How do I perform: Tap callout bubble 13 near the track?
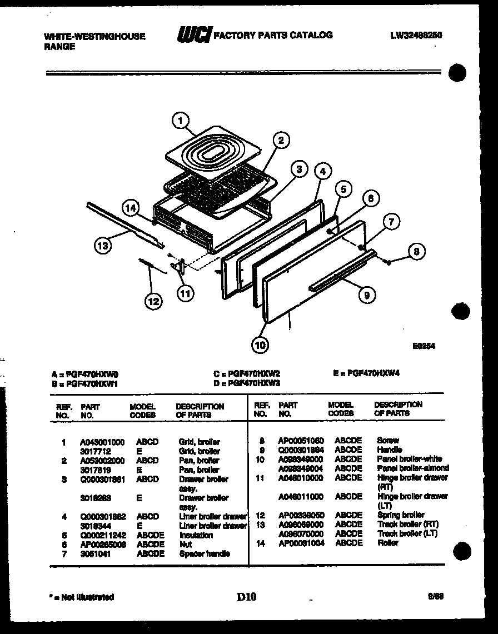(x=103, y=245)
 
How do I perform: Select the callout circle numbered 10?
(x=259, y=345)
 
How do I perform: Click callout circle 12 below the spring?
(x=153, y=301)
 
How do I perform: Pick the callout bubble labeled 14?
(x=131, y=209)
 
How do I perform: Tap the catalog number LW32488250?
(x=416, y=35)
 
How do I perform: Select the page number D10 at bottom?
(x=247, y=597)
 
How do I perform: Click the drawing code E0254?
(x=423, y=345)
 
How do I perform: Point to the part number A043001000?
(x=102, y=442)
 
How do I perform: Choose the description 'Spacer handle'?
(x=205, y=554)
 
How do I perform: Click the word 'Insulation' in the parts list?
(x=196, y=535)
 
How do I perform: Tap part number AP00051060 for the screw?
(x=301, y=440)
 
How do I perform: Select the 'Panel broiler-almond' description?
(x=413, y=468)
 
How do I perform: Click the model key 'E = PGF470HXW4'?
(x=366, y=373)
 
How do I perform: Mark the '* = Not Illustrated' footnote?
(x=82, y=597)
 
